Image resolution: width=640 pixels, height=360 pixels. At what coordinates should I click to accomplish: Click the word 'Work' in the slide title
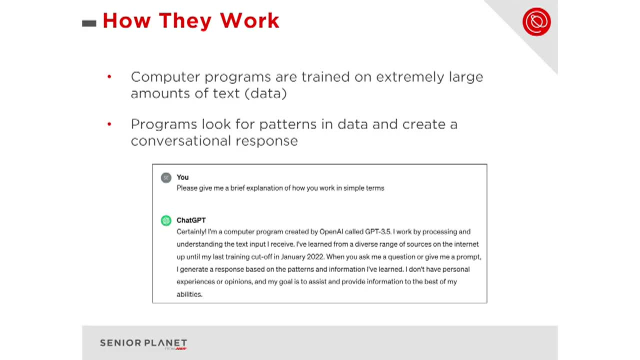click(249, 21)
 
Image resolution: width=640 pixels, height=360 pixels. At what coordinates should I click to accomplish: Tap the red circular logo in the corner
click(536, 21)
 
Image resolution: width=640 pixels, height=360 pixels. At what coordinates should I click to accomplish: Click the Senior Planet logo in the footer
click(143, 343)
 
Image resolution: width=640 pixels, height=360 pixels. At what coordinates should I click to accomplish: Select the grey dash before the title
click(89, 23)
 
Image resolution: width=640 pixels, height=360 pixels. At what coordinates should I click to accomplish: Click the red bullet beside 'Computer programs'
click(109, 77)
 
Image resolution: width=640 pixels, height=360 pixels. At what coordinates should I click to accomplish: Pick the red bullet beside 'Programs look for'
click(109, 124)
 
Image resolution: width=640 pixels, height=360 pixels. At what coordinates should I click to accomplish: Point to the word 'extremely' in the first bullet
click(409, 77)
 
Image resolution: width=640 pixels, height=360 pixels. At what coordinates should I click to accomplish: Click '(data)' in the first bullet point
click(265, 93)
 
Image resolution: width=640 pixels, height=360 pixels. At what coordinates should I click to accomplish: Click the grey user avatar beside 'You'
click(166, 177)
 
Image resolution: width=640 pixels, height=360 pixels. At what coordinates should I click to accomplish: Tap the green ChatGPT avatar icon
click(166, 220)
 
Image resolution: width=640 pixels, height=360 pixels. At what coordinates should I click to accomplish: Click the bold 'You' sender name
click(182, 177)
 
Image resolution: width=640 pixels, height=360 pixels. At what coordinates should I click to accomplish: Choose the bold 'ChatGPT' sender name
click(191, 220)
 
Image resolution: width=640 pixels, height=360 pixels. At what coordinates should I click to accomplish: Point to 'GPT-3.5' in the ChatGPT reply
click(377, 232)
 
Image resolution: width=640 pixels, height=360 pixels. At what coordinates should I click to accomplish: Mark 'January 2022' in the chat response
click(302, 257)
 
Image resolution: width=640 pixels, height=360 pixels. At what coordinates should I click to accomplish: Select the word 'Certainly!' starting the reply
click(191, 232)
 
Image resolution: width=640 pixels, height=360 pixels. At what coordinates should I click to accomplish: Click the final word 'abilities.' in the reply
click(189, 294)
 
